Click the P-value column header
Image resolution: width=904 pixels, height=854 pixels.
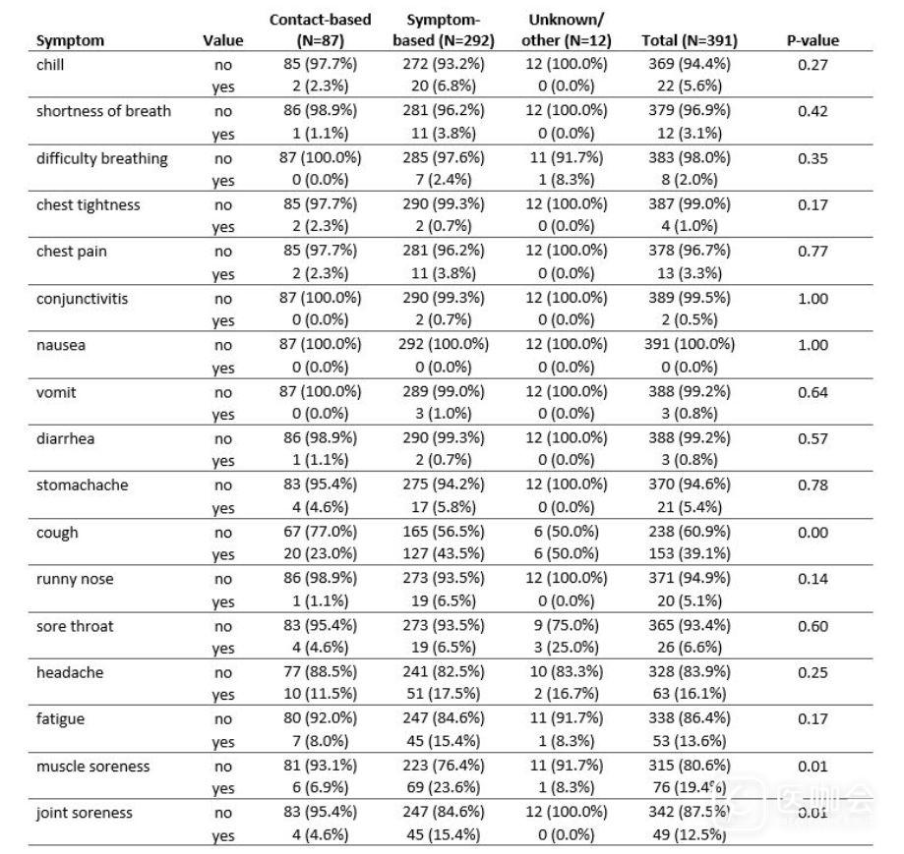[x=812, y=41]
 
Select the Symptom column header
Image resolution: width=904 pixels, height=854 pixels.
[x=70, y=41]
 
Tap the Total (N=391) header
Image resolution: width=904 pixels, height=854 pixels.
[x=689, y=41]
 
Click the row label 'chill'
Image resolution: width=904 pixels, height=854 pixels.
[x=50, y=65]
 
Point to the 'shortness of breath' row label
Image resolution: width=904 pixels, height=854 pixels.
[x=103, y=111]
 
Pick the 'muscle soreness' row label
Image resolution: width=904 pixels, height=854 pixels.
[x=92, y=767]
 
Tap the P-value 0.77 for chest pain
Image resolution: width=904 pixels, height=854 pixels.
[x=812, y=252]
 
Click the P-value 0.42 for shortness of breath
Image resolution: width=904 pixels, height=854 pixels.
[x=812, y=111]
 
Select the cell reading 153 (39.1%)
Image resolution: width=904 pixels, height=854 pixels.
[x=688, y=553]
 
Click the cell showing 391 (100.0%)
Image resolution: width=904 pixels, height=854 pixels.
[x=688, y=345]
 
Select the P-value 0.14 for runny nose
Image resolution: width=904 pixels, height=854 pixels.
[x=812, y=579]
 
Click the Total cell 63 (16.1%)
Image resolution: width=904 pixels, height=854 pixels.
[x=688, y=695]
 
